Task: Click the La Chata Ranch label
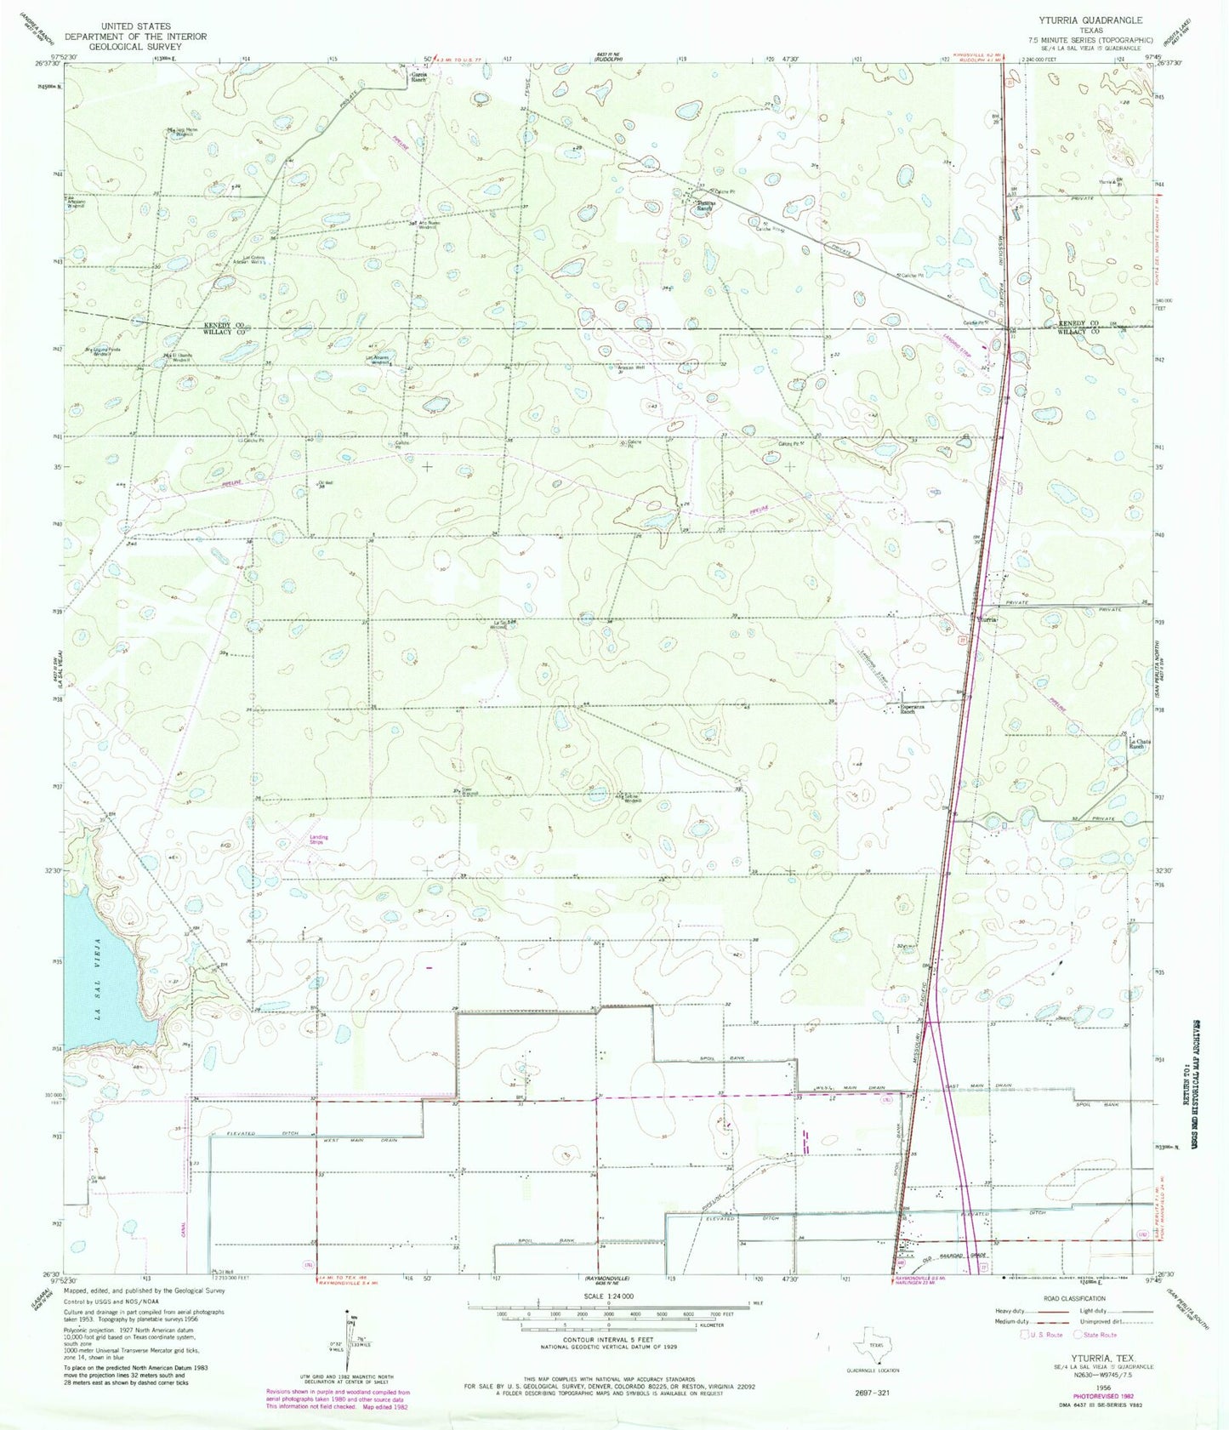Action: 1141,743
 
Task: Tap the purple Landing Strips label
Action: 319,840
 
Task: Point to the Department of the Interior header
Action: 136,37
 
